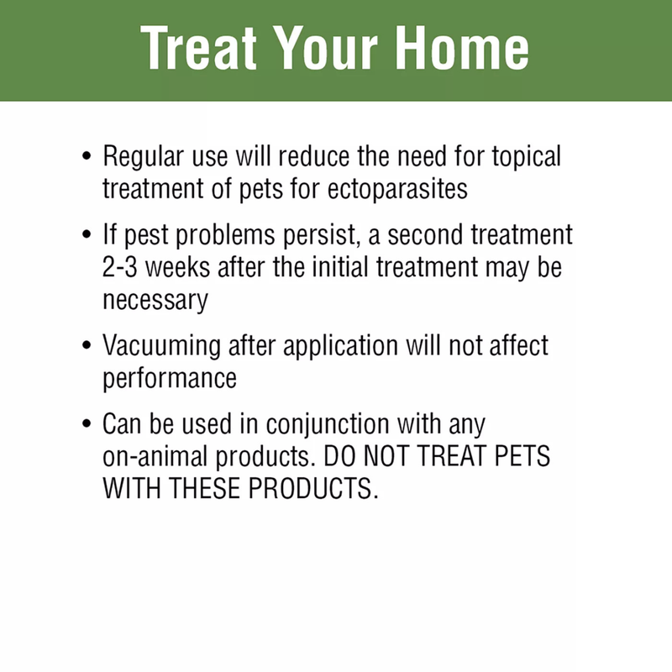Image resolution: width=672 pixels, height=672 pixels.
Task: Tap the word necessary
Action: [155, 300]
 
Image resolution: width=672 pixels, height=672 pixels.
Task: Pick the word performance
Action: [170, 377]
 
